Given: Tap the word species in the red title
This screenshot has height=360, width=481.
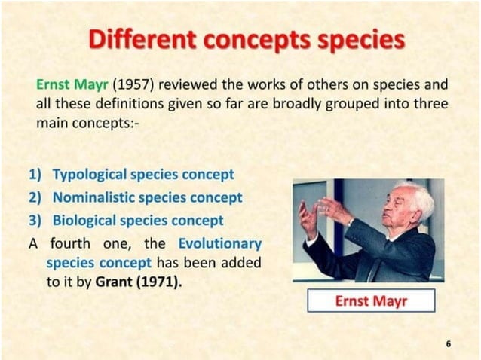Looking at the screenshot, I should [357, 40].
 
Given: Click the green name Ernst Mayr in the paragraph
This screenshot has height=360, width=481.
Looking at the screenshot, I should [67, 84].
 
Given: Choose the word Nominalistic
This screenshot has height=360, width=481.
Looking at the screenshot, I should [94, 197].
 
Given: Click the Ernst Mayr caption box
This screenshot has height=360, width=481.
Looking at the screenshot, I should [370, 301].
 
